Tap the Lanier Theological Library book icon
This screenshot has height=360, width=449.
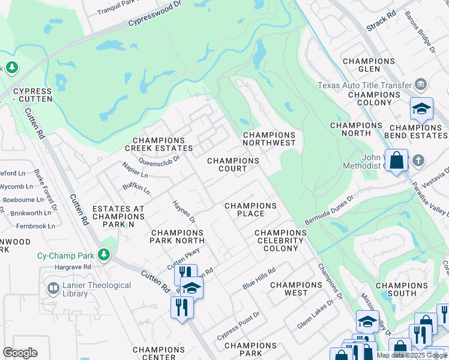(x=53, y=289)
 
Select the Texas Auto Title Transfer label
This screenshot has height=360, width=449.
(x=365, y=85)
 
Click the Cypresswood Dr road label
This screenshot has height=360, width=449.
(x=155, y=16)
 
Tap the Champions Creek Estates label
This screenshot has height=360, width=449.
(x=158, y=144)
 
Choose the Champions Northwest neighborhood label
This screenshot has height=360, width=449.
(x=269, y=139)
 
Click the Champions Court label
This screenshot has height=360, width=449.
(x=233, y=165)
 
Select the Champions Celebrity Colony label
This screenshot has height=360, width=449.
(x=280, y=240)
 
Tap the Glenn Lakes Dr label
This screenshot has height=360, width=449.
(x=315, y=315)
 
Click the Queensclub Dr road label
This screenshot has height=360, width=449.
(x=159, y=160)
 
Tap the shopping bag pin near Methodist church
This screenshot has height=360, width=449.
(x=396, y=161)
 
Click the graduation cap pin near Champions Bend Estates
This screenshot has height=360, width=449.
(x=421, y=109)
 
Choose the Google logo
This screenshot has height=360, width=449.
(x=20, y=353)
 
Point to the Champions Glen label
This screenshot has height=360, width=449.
(x=368, y=65)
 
